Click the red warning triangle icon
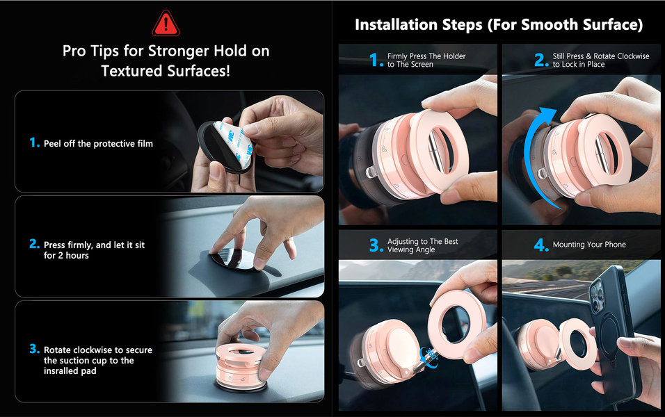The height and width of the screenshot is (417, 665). [x=166, y=24]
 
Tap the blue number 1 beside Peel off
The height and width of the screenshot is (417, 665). [x=34, y=142]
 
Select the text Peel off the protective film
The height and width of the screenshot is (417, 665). [x=98, y=144]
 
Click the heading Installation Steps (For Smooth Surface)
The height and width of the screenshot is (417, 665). [x=499, y=24]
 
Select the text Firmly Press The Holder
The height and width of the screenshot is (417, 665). [x=426, y=56]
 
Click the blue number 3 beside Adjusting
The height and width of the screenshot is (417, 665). [x=376, y=245]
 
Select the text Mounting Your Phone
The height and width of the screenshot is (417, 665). [x=589, y=245]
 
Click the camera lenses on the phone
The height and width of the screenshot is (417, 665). [x=598, y=293]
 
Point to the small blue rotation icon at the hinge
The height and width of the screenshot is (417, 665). [x=429, y=356]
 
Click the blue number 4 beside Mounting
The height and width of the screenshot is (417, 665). [x=541, y=245]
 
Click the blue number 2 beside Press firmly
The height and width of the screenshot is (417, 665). [x=34, y=244]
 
